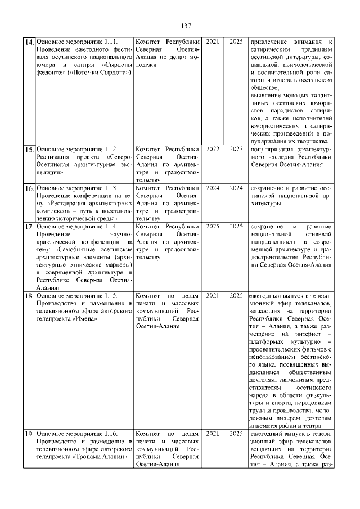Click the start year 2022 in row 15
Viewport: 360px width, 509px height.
click(213, 149)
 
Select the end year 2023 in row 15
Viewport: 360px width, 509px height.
click(236, 149)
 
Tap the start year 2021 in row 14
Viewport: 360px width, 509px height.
click(213, 42)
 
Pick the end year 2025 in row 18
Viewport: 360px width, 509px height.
click(236, 295)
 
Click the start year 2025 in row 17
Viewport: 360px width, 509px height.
click(213, 226)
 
